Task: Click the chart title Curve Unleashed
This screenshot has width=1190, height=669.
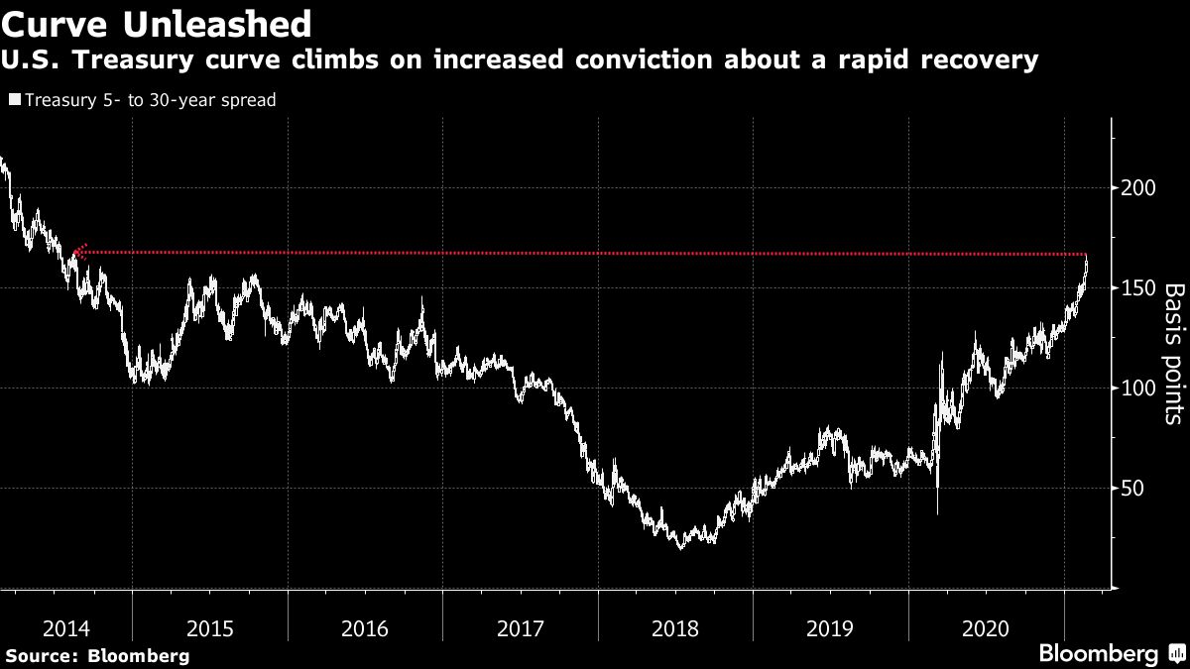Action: [157, 22]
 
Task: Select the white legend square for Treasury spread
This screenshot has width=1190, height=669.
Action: [15, 100]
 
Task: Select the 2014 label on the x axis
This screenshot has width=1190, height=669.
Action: [67, 627]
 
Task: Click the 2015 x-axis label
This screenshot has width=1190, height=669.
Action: [210, 627]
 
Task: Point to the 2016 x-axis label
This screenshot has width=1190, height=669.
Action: [365, 627]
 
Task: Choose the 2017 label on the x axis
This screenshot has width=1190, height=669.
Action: [521, 627]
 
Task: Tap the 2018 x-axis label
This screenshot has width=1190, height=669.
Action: [675, 627]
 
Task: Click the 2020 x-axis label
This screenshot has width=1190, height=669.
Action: [986, 627]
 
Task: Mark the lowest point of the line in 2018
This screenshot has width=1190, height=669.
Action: [680, 547]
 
